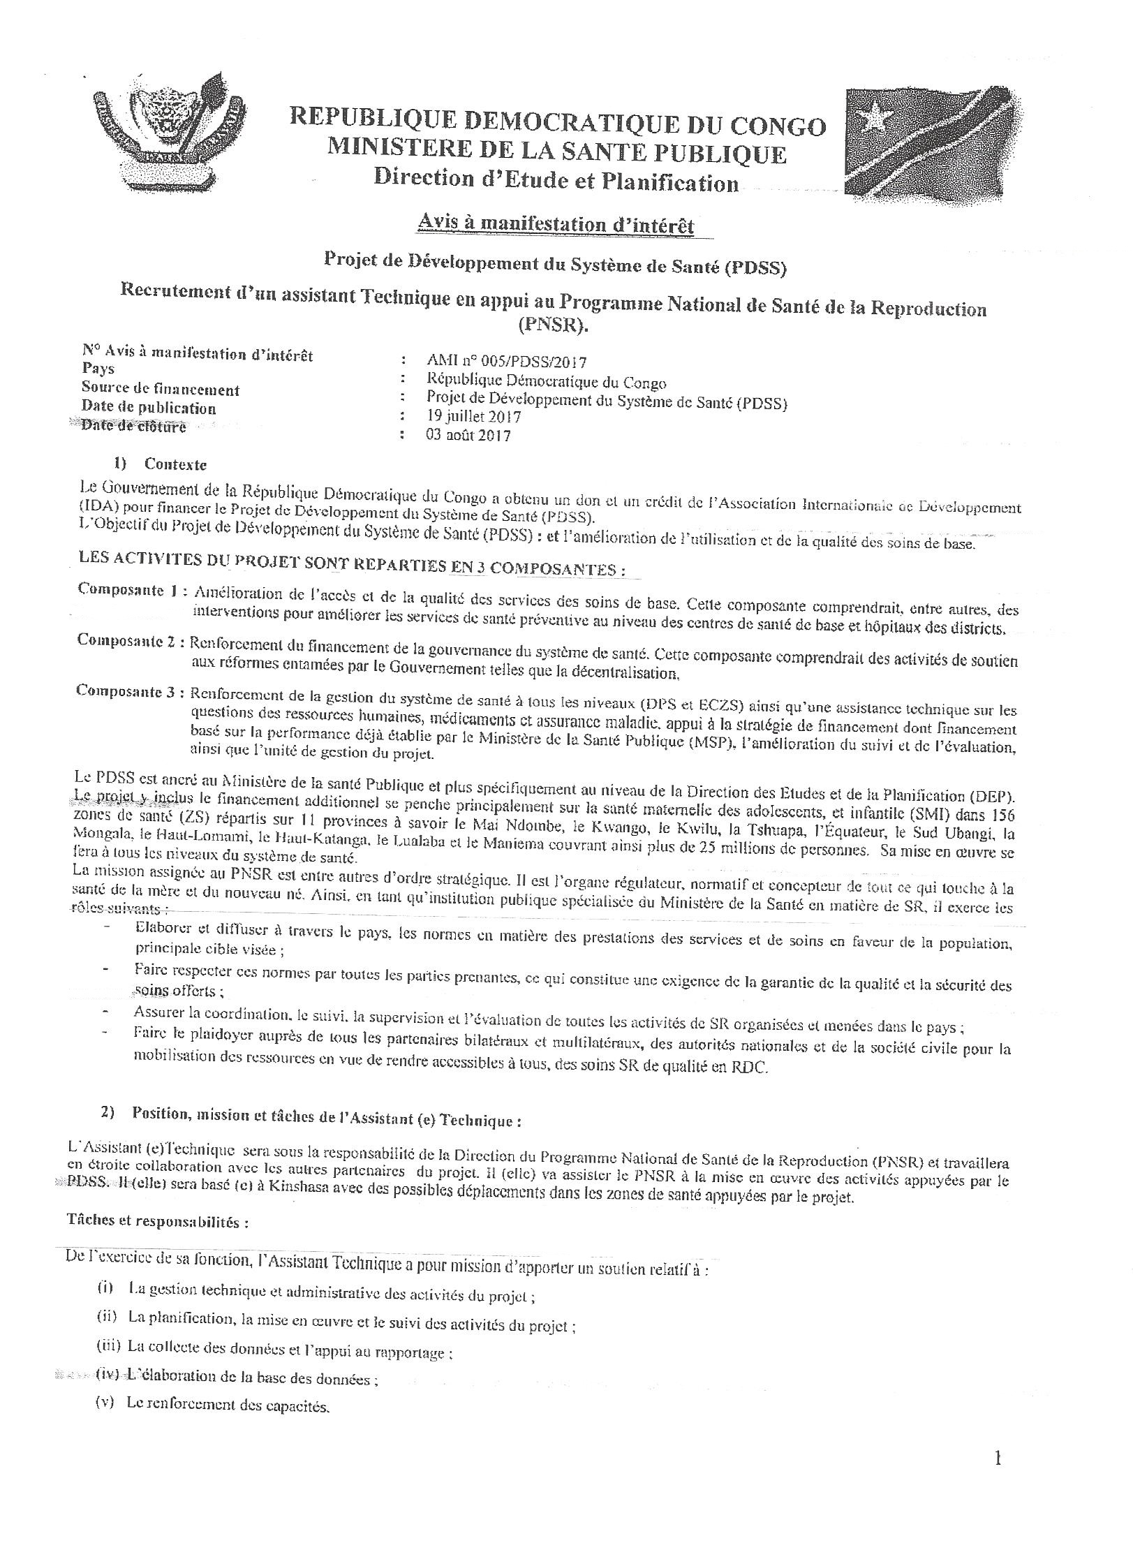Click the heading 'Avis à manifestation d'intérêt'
pyautogui.click(x=555, y=226)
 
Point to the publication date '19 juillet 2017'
pyautogui.click(x=473, y=417)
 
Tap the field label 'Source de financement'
pyautogui.click(x=161, y=390)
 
